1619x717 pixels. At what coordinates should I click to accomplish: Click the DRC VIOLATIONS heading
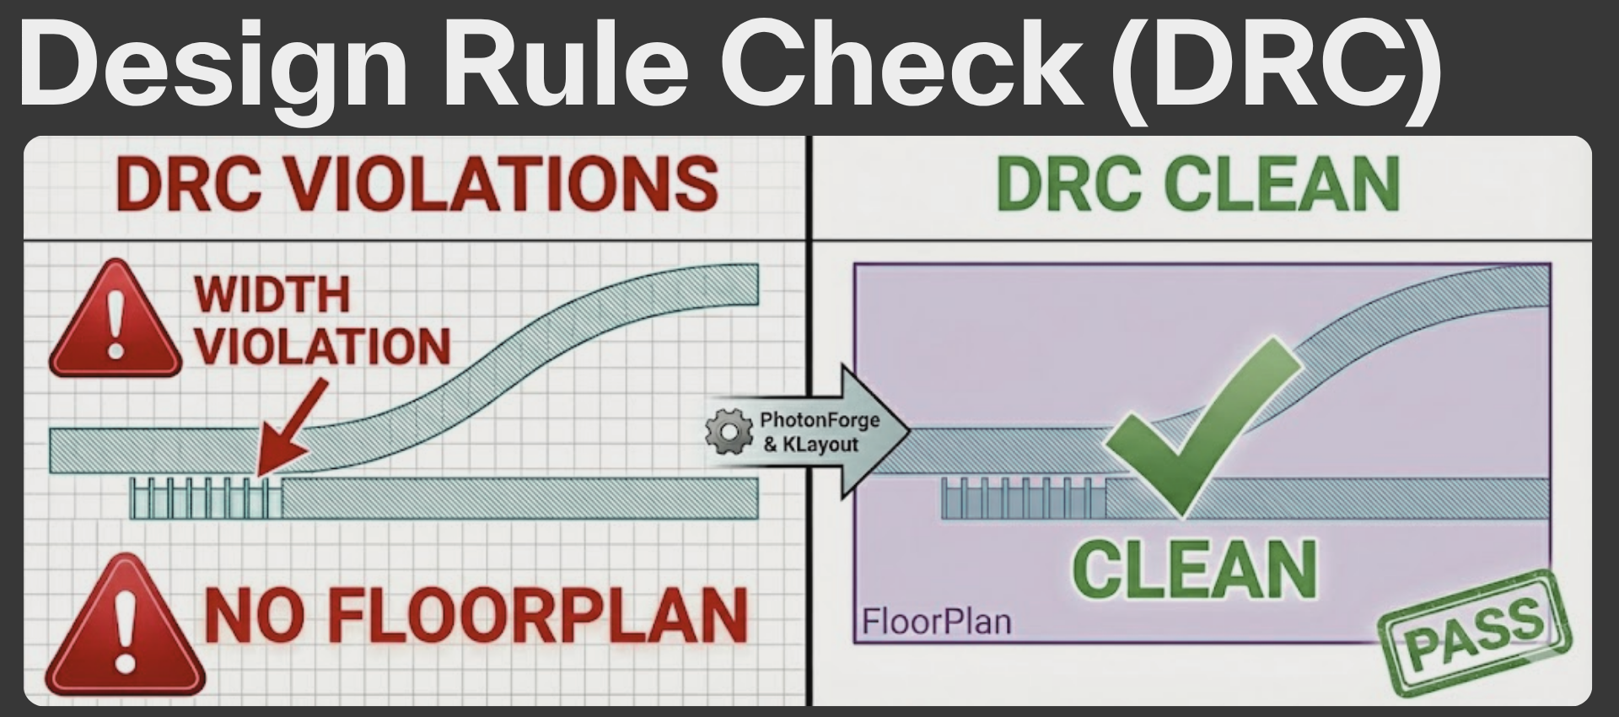click(x=417, y=184)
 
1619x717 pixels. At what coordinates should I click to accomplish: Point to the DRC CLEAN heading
click(x=1197, y=184)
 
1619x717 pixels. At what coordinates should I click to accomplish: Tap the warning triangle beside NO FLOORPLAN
click(x=125, y=628)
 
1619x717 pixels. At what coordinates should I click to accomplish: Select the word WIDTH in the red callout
click(x=272, y=294)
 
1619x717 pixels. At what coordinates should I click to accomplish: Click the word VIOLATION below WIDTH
click(x=323, y=347)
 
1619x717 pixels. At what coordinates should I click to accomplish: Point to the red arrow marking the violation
click(x=291, y=426)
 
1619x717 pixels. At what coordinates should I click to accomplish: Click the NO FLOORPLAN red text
click(x=476, y=616)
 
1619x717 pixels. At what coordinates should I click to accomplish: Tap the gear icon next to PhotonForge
click(x=729, y=432)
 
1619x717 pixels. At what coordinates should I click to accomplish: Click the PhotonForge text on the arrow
click(x=819, y=420)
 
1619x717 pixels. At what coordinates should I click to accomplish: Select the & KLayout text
click(x=810, y=445)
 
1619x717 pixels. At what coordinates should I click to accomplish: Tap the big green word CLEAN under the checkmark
click(x=1195, y=569)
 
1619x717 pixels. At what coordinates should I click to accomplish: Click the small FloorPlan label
click(x=936, y=623)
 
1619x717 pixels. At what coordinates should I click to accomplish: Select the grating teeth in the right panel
click(x=1023, y=499)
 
